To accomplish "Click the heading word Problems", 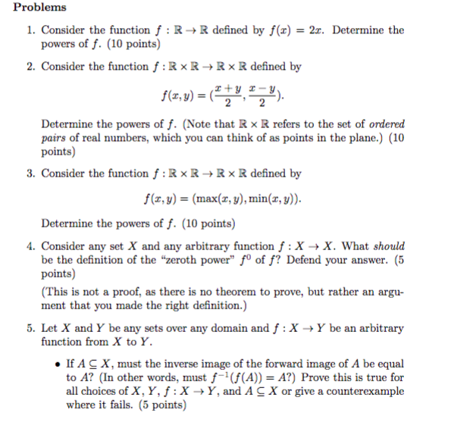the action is click(x=40, y=8).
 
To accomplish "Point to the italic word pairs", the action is click(x=55, y=138).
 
